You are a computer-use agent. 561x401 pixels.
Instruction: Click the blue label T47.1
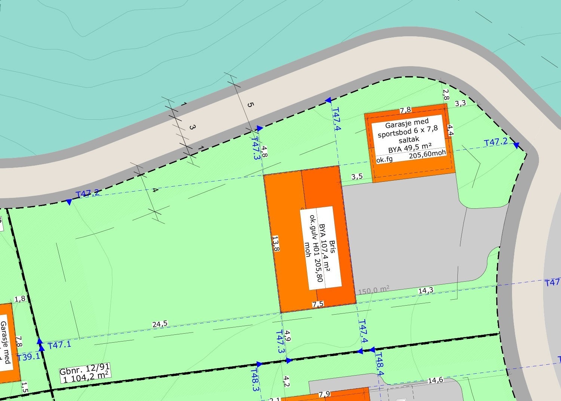(60, 344)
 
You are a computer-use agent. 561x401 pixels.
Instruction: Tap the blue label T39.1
(28, 356)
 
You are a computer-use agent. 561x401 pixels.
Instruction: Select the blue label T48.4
(380, 364)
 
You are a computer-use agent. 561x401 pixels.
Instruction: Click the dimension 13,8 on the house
(276, 244)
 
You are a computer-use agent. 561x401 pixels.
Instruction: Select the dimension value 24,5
(160, 324)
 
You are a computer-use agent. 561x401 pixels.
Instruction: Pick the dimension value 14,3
(426, 290)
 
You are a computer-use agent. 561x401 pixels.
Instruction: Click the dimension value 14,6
(435, 380)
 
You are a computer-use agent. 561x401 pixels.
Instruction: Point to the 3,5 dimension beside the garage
(357, 177)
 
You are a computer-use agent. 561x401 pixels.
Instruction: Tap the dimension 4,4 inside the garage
(450, 131)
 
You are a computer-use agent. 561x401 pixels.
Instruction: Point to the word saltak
(409, 139)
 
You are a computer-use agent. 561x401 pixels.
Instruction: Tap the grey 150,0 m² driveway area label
(374, 290)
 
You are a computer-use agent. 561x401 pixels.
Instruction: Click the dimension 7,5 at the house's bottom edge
(318, 304)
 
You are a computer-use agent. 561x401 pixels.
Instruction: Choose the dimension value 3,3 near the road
(460, 103)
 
